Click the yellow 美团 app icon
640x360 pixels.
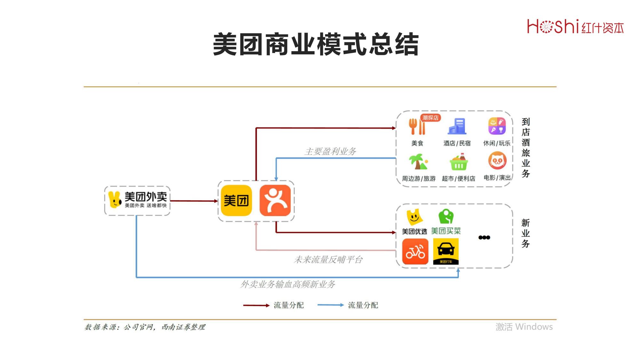coord(236,201)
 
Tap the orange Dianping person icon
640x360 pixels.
coord(275,201)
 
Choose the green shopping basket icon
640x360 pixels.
coord(459,162)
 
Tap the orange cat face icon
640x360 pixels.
coord(497,161)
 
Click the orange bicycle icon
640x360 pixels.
coord(415,252)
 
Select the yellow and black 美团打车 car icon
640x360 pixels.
coord(446,252)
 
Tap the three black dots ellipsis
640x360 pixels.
coord(484,237)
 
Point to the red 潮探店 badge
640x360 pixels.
coord(430,118)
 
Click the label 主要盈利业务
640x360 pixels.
coord(330,151)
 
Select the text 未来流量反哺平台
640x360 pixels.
coord(328,260)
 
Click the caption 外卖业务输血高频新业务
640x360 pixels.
coord(288,284)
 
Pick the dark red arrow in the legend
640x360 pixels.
coord(256,305)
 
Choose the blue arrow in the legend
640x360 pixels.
coord(330,305)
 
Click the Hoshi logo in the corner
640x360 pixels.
coord(575,27)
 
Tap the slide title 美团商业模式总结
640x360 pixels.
coord(316,44)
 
